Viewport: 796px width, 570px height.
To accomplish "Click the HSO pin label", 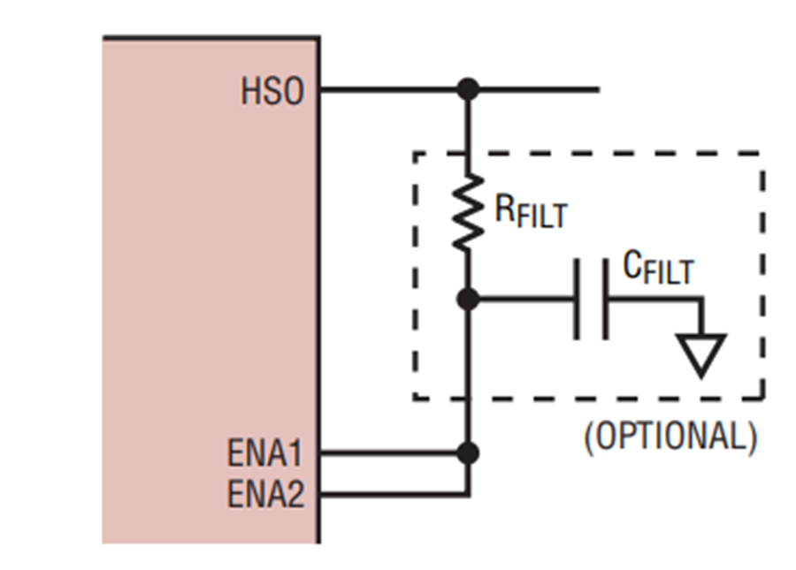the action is pos(272,91).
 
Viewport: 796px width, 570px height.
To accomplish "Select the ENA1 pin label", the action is pos(264,452).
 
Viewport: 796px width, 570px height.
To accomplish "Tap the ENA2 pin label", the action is pos(265,494).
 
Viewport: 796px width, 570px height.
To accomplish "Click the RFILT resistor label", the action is pos(531,211).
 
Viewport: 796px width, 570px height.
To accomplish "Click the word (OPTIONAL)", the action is pos(670,437).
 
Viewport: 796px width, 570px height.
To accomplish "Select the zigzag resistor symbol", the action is pos(468,211).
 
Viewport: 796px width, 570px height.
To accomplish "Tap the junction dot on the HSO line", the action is pos(468,89).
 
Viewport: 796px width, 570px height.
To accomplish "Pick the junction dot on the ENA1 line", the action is pos(468,452).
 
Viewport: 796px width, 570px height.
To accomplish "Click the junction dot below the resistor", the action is pos(468,300).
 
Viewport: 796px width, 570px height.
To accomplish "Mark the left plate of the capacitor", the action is pos(576,300).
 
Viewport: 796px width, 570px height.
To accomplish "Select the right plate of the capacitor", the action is pos(605,300).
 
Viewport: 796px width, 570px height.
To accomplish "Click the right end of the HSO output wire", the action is pos(600,89).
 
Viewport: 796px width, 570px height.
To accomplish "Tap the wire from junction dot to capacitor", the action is pos(526,300).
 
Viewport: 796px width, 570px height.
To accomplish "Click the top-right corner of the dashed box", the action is pos(762,153).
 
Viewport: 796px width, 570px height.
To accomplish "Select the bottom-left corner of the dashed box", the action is pos(416,398).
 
